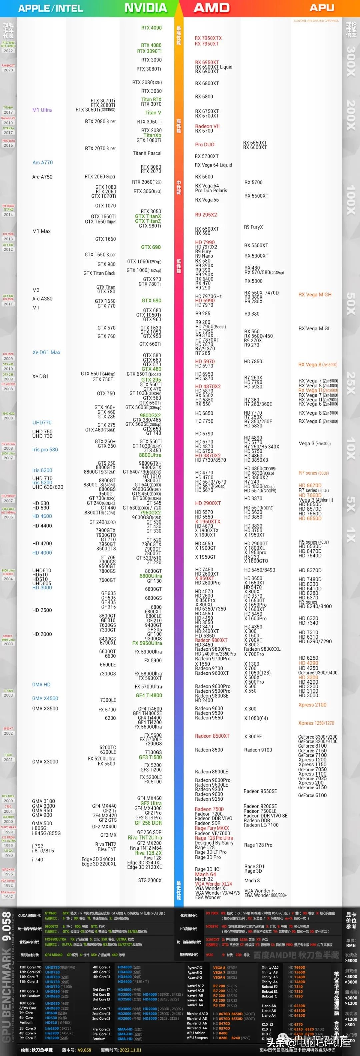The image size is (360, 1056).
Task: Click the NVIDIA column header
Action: (146, 8)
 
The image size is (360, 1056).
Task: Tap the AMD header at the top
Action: (212, 8)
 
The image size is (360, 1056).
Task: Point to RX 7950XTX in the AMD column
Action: (208, 38)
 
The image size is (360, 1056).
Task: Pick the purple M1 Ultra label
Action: (42, 110)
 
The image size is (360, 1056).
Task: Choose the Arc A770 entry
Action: (43, 162)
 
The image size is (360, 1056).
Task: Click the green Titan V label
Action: (153, 113)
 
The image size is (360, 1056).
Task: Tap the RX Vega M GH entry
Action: (315, 294)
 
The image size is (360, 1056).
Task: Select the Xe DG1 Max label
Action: (46, 352)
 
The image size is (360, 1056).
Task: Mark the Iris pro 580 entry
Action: (45, 449)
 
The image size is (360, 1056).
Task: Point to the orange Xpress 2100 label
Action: (312, 705)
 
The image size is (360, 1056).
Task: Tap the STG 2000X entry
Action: (150, 880)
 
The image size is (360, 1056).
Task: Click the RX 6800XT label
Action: (207, 83)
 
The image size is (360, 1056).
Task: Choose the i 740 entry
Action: (38, 860)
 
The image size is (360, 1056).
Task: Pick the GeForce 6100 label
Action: (312, 795)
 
